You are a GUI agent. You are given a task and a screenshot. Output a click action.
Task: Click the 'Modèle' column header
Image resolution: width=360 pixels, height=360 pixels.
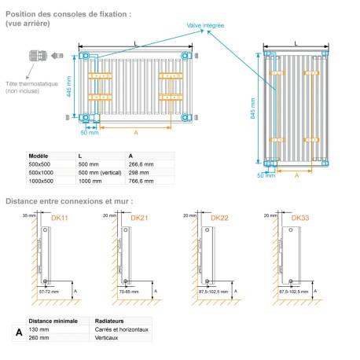[x=38, y=156]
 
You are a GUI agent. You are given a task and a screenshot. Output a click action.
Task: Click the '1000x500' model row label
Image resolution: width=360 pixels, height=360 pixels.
[x=41, y=180]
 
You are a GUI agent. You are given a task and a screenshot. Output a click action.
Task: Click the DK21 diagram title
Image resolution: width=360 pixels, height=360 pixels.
[x=140, y=217]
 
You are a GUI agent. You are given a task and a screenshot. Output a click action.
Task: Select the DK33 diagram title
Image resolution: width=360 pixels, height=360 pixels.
[x=299, y=217]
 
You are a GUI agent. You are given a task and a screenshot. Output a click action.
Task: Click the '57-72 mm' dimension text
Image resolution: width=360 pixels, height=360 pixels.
[x=49, y=291]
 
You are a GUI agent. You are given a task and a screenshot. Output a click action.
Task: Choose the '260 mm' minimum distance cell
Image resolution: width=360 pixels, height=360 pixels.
[x=39, y=339]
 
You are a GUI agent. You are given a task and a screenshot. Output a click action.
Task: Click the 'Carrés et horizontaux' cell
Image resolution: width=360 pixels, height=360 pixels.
[x=120, y=330]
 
